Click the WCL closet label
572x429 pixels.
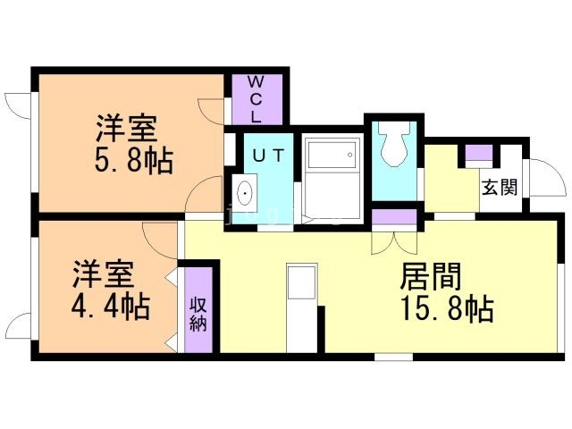pos(255,98)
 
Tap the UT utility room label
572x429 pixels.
pos(268,155)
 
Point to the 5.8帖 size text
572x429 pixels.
pos(133,162)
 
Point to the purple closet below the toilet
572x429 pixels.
pos(394,215)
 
